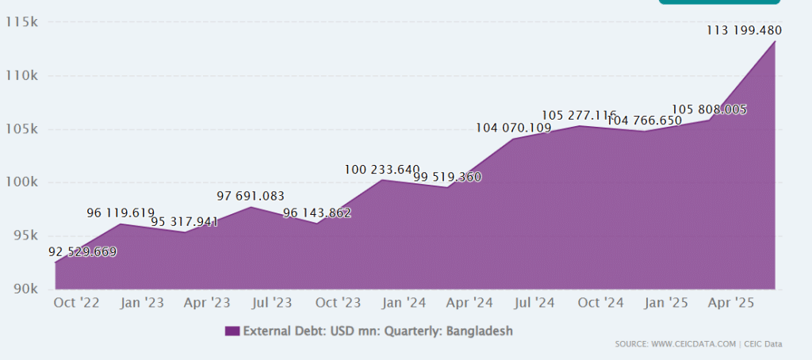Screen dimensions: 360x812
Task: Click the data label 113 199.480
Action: pyautogui.click(x=744, y=31)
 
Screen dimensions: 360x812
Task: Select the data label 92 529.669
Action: pyautogui.click(x=82, y=252)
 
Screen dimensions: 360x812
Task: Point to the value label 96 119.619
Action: pyautogui.click(x=121, y=213)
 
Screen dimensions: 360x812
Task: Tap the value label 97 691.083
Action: pyautogui.click(x=251, y=196)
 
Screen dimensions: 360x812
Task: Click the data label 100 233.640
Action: pyautogui.click(x=382, y=169)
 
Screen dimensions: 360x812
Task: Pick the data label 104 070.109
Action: pyautogui.click(x=513, y=128)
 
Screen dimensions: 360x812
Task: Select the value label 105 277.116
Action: pyautogui.click(x=579, y=115)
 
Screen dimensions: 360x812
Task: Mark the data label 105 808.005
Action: pyautogui.click(x=709, y=109)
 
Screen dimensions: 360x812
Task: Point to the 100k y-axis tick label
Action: pyautogui.click(x=22, y=182)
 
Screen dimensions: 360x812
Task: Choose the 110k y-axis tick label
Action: pyautogui.click(x=22, y=76)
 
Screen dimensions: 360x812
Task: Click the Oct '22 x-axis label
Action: pyautogui.click(x=77, y=302)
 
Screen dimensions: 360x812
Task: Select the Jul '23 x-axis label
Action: pyautogui.click(x=273, y=302)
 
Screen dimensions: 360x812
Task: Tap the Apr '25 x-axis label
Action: pyautogui.click(x=730, y=302)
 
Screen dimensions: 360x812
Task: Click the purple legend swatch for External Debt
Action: pyautogui.click(x=232, y=331)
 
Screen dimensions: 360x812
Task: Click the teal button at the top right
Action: pyautogui.click(x=718, y=2)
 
